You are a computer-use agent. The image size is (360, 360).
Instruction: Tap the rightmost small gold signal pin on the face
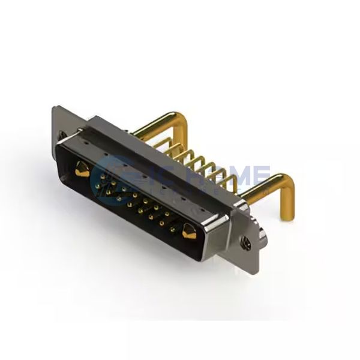click(x=174, y=229)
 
